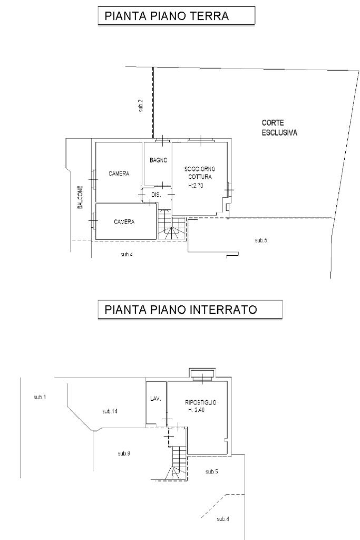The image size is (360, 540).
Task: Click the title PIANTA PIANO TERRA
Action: pos(167,16)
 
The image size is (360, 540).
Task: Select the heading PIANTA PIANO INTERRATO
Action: pos(181,310)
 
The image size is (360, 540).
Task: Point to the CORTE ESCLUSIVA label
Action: pos(279,128)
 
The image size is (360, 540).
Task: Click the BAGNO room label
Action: pos(158,160)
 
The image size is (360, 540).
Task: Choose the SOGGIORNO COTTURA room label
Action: pos(200,172)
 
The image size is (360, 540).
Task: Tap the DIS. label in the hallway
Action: pos(155,195)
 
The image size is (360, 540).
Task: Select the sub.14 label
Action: pos(110,411)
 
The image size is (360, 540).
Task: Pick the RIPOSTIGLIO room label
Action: pos(201,402)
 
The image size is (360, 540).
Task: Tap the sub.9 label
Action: pos(124,453)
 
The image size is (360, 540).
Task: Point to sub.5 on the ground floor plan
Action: pos(261,240)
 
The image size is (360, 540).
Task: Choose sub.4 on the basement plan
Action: pos(223,519)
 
